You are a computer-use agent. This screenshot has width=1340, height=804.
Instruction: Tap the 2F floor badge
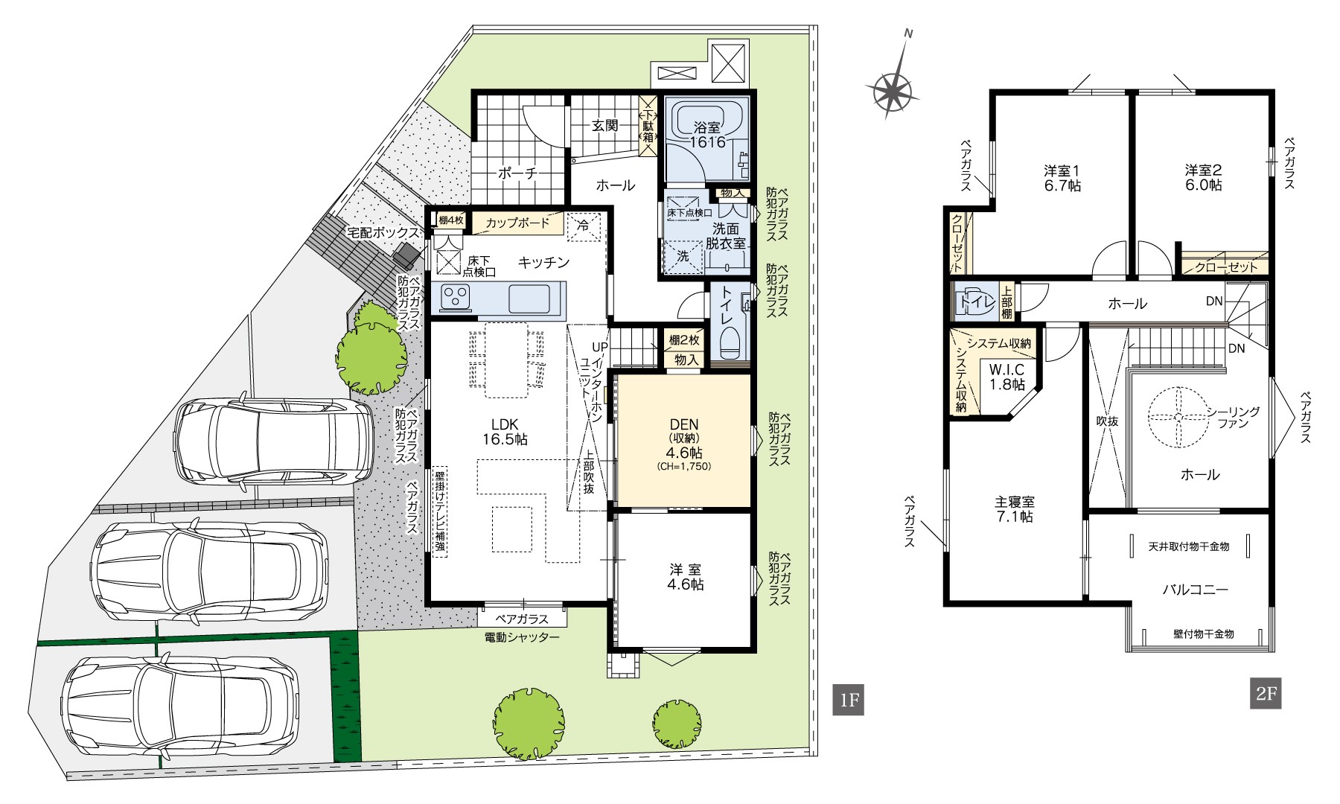(x=1266, y=694)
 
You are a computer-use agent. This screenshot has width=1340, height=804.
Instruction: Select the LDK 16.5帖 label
(x=504, y=432)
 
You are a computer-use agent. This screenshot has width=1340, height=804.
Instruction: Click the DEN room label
(x=683, y=425)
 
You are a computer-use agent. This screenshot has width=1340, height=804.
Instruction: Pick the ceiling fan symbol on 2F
(x=1178, y=417)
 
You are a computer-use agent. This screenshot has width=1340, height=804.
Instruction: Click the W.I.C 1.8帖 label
(x=1006, y=377)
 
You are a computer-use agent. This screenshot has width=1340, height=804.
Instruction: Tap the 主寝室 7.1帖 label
(x=1014, y=509)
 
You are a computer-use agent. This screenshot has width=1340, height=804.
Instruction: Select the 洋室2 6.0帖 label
(x=1204, y=177)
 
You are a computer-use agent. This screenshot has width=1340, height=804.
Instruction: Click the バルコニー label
(x=1196, y=590)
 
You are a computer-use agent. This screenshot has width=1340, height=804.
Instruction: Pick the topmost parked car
(x=273, y=441)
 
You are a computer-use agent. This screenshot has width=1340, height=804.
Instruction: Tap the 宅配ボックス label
(x=383, y=233)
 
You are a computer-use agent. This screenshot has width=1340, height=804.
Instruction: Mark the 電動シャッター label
(x=521, y=637)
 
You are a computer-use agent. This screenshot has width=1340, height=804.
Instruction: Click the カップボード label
(x=517, y=223)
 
